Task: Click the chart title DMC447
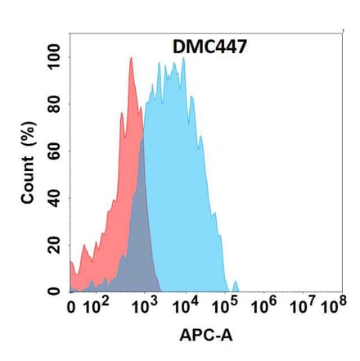(205, 48)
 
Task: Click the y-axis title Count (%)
(29, 163)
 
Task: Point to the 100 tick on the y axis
(53, 57)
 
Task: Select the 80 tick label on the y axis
(53, 104)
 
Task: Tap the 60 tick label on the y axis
(53, 151)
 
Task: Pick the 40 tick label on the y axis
(53, 197)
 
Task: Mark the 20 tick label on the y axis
(53, 244)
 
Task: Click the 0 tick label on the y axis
(53, 291)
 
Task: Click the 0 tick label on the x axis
(71, 309)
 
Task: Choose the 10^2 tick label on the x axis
(97, 307)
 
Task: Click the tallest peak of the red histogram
(131, 59)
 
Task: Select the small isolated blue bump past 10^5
(236, 286)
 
